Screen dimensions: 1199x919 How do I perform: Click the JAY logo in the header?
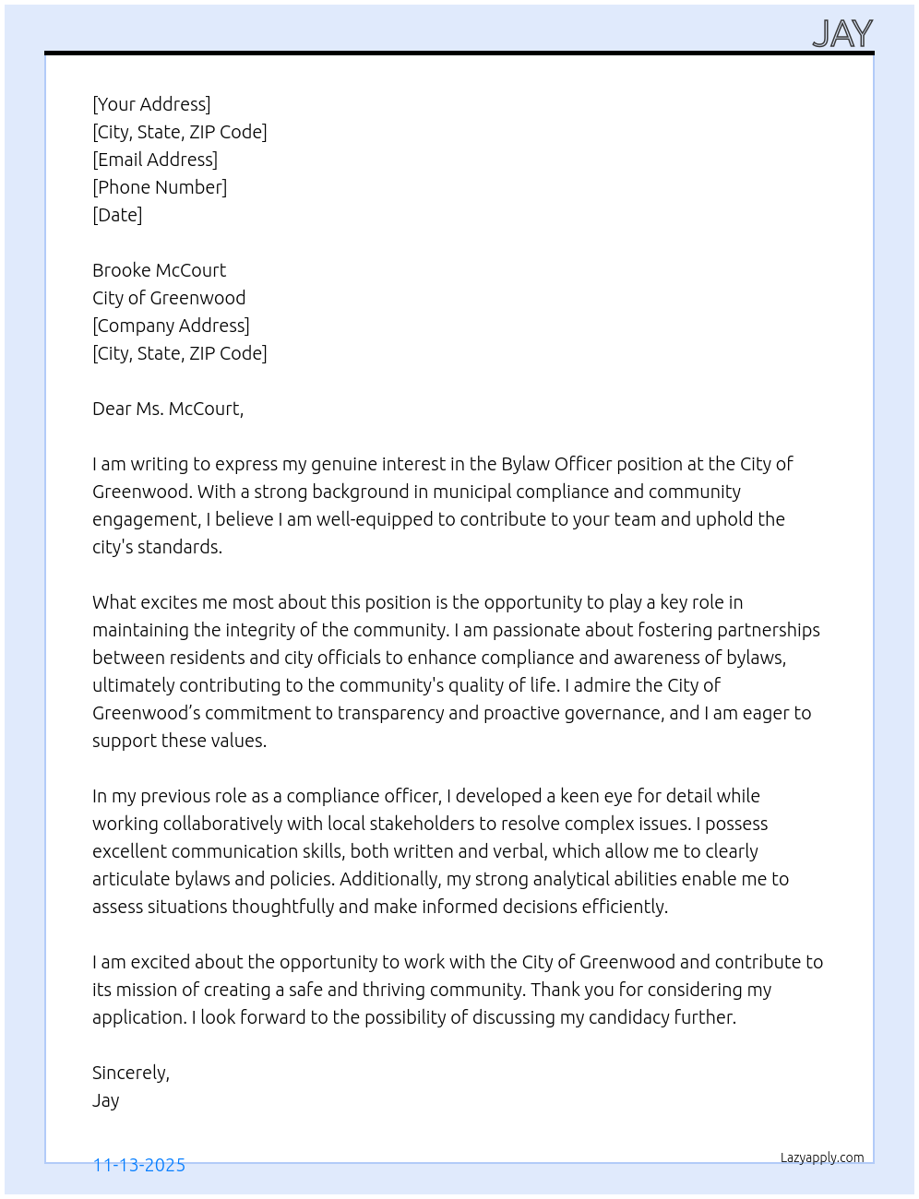click(842, 34)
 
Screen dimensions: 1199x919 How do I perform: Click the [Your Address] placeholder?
click(151, 104)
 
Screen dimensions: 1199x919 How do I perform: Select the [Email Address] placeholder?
click(155, 160)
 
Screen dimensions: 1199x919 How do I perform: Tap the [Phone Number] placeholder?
click(160, 187)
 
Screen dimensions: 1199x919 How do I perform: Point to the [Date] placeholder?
click(117, 215)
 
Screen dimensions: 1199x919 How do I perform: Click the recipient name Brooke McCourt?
click(159, 270)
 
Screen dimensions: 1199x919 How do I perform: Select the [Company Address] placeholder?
click(171, 326)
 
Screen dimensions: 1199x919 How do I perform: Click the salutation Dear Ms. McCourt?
click(168, 409)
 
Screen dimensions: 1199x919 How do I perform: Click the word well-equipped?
click(375, 519)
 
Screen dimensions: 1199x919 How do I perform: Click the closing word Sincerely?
click(130, 1073)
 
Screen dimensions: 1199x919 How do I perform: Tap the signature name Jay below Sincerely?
click(106, 1100)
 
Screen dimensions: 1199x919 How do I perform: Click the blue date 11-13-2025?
click(139, 1165)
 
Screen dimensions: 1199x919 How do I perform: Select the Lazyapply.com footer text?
click(822, 1157)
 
